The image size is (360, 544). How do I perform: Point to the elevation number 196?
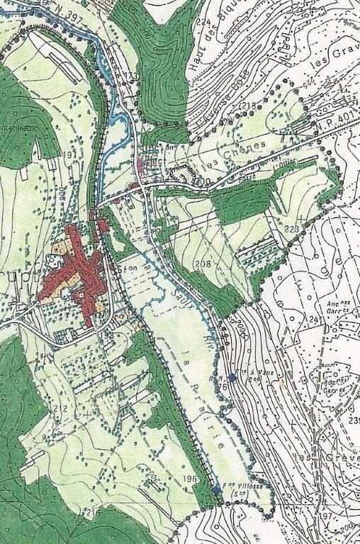click(189, 479)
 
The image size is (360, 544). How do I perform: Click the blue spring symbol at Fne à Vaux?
click(233, 377)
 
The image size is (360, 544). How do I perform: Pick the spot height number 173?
click(128, 74)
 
